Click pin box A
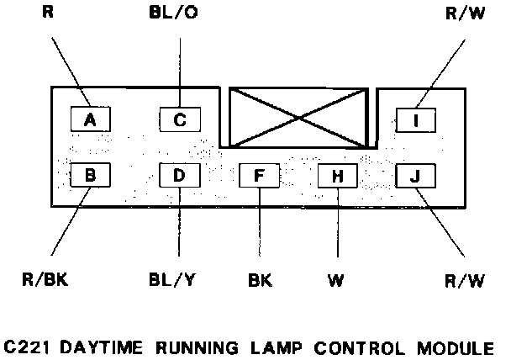tap(91, 120)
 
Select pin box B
tap(91, 176)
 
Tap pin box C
tap(179, 120)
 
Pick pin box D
tap(179, 176)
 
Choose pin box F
tap(259, 176)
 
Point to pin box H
tap(337, 176)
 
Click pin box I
tap(415, 120)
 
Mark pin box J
tap(415, 176)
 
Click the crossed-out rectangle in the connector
tap(298, 117)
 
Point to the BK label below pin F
tap(259, 279)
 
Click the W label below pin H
tap(337, 279)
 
